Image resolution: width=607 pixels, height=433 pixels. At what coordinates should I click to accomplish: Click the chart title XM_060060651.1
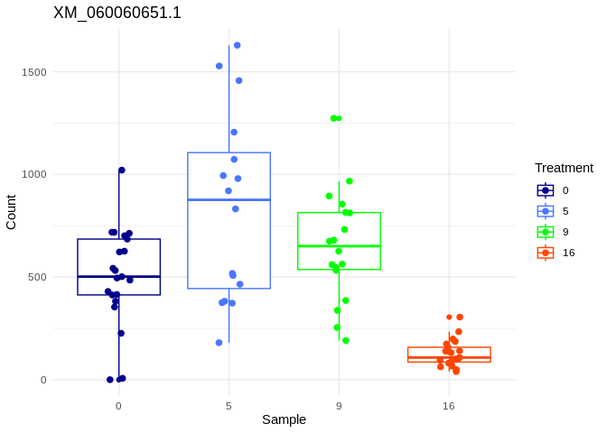(117, 13)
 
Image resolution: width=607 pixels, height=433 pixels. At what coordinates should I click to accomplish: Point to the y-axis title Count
(11, 212)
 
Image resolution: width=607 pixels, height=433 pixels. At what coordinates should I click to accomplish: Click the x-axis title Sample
(284, 419)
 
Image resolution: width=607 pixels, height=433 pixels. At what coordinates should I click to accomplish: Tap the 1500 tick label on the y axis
(35, 72)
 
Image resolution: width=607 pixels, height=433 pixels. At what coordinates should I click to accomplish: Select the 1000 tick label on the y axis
(35, 174)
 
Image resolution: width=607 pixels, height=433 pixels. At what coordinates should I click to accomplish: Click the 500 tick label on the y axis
(38, 277)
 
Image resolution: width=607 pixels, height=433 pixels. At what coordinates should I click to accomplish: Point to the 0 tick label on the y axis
(42, 380)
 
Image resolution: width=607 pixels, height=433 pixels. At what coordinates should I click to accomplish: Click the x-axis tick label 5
(229, 406)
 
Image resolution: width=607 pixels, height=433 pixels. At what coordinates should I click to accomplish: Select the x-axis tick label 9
(339, 406)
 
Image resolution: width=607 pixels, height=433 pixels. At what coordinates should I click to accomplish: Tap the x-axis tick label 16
(449, 406)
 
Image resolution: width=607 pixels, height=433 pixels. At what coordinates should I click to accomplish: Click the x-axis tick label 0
(118, 406)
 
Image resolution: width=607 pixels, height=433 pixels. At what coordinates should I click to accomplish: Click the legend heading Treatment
(564, 168)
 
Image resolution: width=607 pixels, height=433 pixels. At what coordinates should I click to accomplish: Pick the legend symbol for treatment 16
(546, 253)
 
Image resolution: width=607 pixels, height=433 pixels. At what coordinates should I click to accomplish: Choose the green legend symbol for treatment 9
(546, 232)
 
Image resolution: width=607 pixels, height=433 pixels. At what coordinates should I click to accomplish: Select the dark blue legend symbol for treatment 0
(546, 190)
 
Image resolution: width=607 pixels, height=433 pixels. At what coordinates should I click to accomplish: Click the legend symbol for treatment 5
(546, 211)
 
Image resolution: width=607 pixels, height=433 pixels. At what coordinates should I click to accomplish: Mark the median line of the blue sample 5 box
(229, 199)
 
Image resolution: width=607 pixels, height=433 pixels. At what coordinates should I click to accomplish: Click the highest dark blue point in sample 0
(122, 170)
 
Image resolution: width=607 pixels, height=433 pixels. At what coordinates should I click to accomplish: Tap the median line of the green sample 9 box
(339, 246)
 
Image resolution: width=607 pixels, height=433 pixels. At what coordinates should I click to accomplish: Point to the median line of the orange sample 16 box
(449, 358)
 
